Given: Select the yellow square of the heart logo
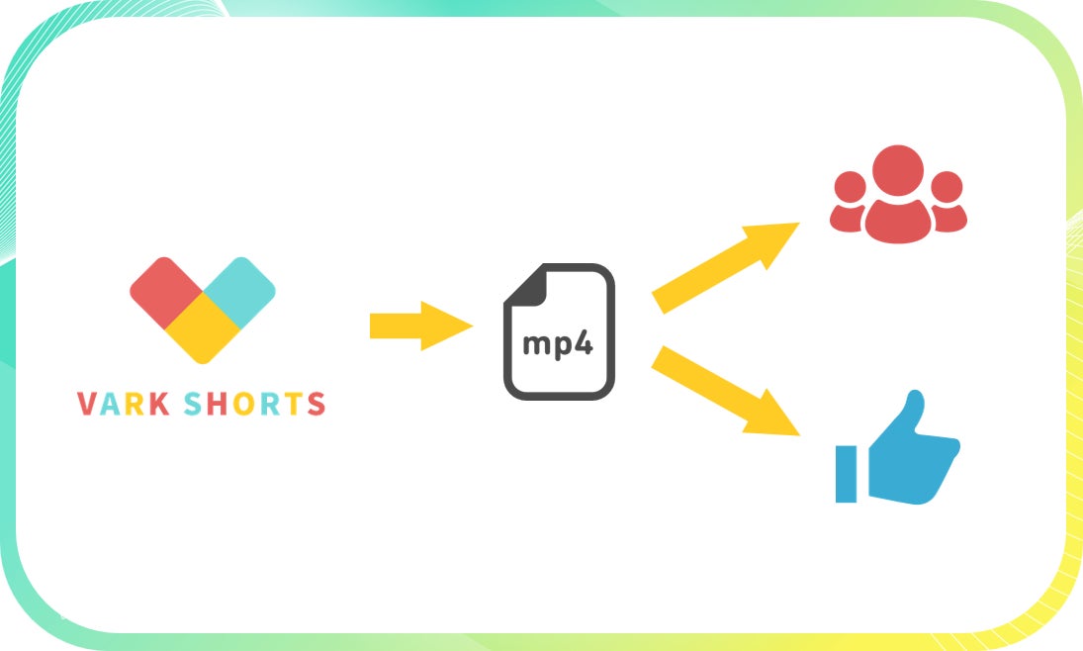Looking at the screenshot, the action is pyautogui.click(x=203, y=327).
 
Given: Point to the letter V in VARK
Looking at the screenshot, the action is pyautogui.click(x=86, y=404).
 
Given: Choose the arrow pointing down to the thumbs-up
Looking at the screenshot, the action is pyautogui.click(x=726, y=390).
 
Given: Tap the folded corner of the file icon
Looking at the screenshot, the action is pyautogui.click(x=523, y=283).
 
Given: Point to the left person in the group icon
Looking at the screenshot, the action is pyautogui.click(x=849, y=203).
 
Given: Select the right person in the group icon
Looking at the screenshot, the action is pyautogui.click(x=948, y=203).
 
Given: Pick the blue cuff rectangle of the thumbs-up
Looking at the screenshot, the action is pyautogui.click(x=846, y=474).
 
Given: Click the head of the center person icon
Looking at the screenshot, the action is pyautogui.click(x=899, y=169).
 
